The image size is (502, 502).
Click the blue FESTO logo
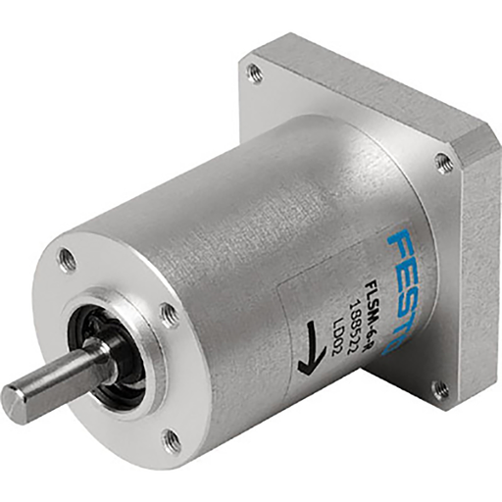coord(408,280)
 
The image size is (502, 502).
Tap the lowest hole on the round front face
coord(174,439)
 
